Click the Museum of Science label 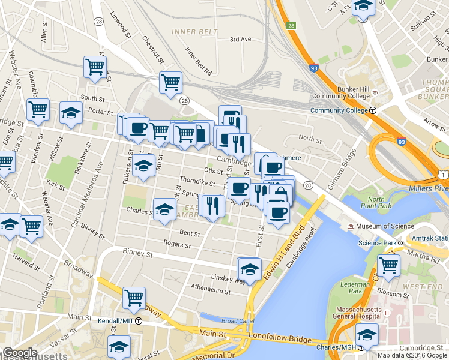coord(384,226)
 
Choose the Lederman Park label coord(354,287)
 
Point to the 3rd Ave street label coord(240,40)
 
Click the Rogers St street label coord(177,245)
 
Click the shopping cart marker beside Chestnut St coord(170,81)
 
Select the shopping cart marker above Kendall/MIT coord(134,296)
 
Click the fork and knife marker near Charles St coord(212,205)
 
